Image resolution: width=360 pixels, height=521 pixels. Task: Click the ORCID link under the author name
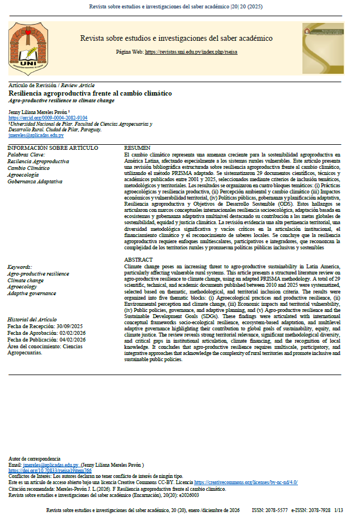click(48, 118)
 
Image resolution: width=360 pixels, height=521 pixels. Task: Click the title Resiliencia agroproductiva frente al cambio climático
click(91, 93)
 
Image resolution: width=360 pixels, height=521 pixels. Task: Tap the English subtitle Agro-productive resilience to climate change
click(61, 101)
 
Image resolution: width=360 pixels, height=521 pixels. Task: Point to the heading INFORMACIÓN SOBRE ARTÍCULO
click(53, 148)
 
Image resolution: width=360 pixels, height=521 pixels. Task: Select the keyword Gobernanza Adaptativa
click(35, 182)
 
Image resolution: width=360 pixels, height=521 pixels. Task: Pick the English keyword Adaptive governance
click(31, 293)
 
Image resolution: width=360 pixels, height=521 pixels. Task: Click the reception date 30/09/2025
click(80, 326)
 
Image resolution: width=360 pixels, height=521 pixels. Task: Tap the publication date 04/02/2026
click(83, 340)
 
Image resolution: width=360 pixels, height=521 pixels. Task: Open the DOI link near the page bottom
click(50, 471)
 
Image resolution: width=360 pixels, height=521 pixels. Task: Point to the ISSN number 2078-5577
click(277, 510)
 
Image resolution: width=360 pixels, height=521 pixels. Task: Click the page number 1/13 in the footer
click(339, 510)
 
